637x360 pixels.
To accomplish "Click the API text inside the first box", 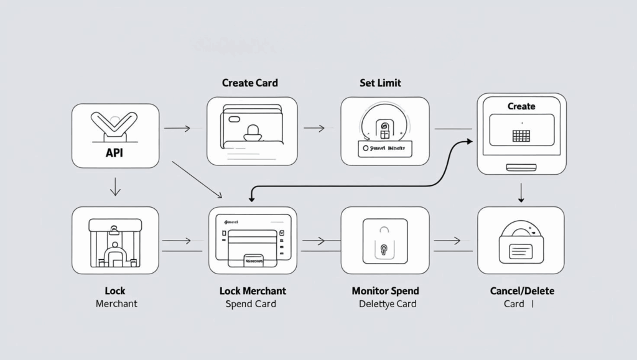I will click(115, 152).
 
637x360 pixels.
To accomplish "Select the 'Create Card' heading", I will click(249, 83).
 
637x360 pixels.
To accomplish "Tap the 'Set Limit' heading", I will click(380, 83).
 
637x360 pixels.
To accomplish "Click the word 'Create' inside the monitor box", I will click(521, 106).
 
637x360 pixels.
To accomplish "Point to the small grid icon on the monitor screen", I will click(521, 136).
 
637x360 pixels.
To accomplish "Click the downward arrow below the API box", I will click(115, 187).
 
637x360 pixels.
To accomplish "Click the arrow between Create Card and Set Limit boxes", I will click(315, 129).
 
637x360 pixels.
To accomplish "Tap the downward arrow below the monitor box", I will click(521, 193).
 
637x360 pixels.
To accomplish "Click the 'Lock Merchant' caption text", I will click(253, 291).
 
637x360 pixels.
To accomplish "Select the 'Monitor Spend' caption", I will click(386, 291).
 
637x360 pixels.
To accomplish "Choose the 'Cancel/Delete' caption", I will click(523, 291).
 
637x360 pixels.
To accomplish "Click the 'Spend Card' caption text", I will click(251, 304).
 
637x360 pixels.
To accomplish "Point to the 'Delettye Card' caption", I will click(388, 304).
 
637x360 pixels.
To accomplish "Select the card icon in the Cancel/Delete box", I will click(521, 250).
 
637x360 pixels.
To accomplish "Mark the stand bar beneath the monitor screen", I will click(521, 167).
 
